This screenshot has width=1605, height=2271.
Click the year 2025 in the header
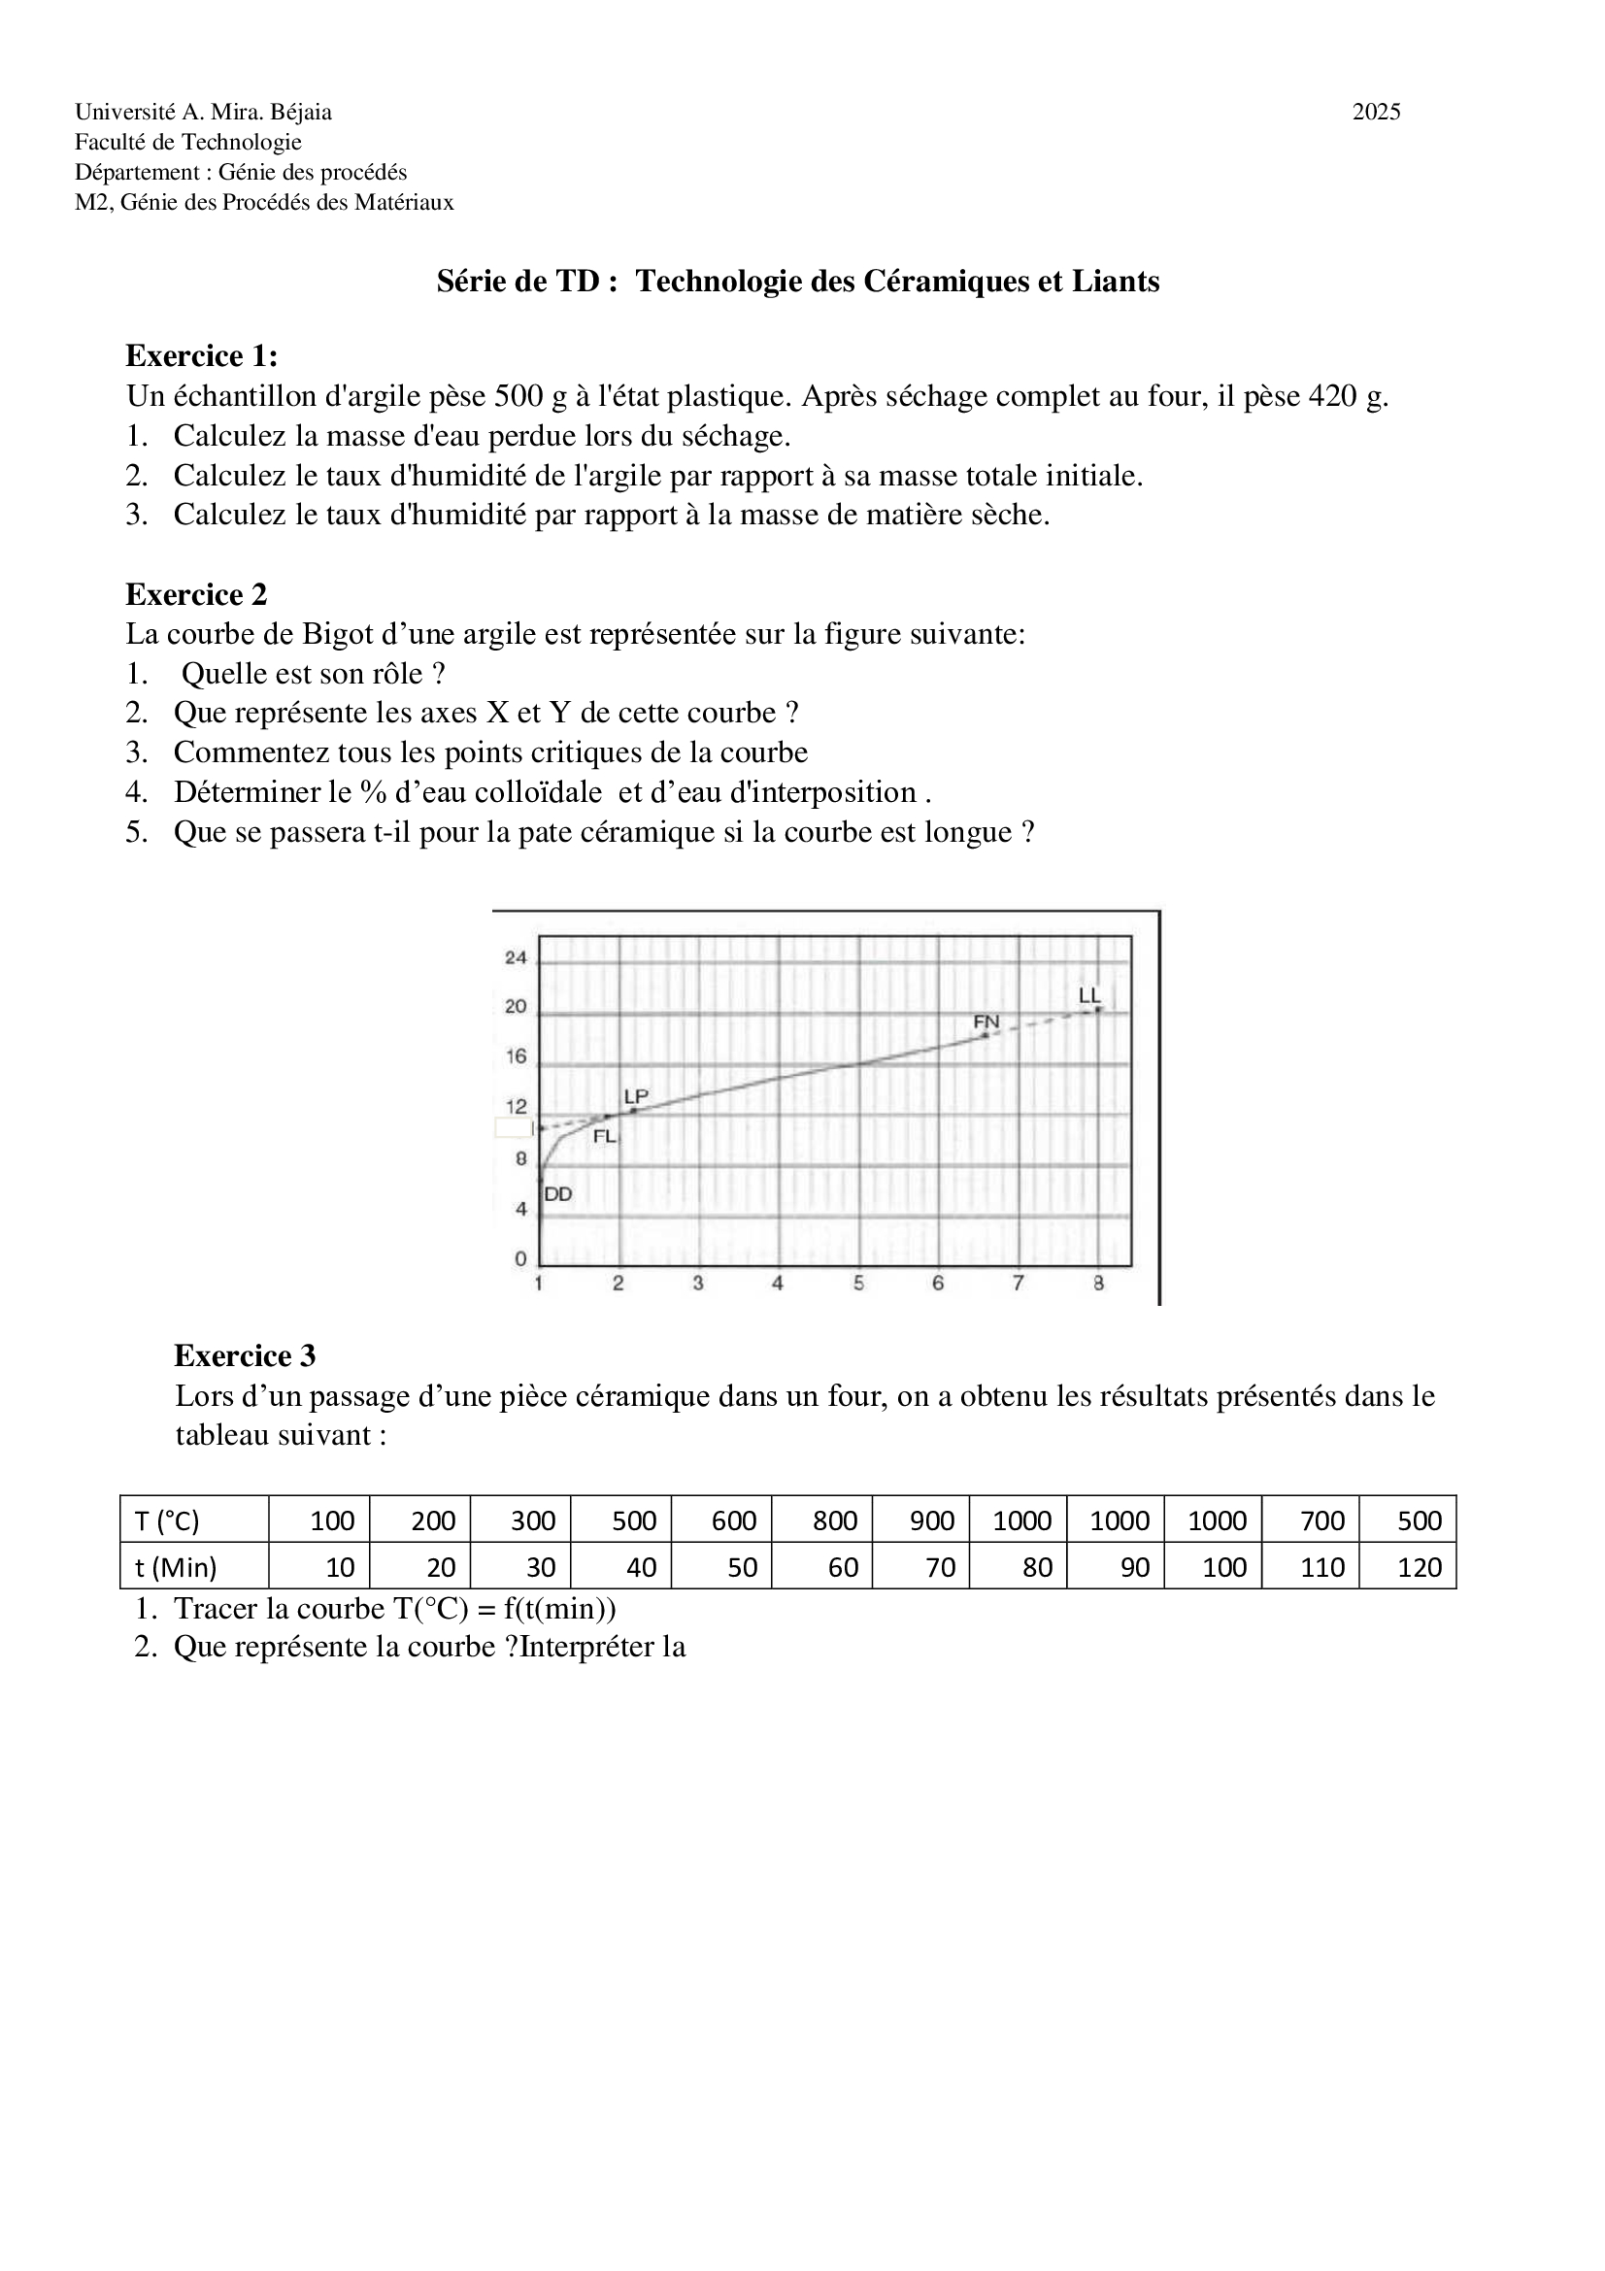click(1376, 112)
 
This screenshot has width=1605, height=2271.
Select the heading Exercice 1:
click(202, 355)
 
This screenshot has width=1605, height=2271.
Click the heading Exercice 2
click(196, 594)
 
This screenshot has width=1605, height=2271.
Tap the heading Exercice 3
click(245, 1355)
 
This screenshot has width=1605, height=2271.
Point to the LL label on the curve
click(1088, 995)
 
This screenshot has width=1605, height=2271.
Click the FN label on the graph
click(986, 1020)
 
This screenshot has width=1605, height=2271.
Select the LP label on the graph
click(636, 1096)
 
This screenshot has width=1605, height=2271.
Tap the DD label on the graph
click(557, 1194)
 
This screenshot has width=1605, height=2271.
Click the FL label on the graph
click(604, 1137)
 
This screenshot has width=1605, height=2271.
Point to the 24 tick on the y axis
click(517, 957)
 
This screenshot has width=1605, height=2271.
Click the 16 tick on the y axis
click(517, 1056)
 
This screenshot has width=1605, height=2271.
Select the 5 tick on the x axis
click(858, 1283)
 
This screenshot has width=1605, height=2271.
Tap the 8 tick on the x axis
click(1098, 1283)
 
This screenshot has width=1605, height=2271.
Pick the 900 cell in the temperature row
click(931, 1520)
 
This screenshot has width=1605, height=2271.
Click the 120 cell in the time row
click(1420, 1567)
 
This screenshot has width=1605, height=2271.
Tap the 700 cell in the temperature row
click(1322, 1520)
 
